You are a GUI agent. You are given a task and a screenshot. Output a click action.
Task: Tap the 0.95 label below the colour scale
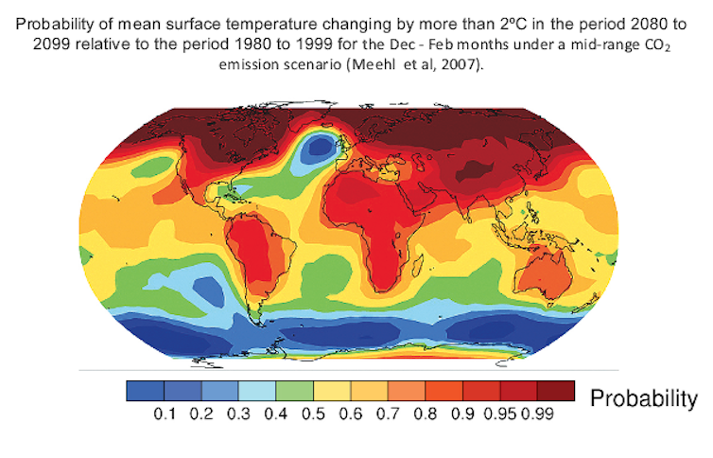pyautogui.click(x=500, y=413)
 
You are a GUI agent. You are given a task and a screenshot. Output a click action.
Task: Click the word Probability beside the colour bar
pyautogui.click(x=644, y=398)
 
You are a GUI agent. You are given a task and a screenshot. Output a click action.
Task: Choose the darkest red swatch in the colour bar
pyautogui.click(x=555, y=390)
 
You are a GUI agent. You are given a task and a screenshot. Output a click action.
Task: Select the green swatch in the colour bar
pyautogui.click(x=294, y=390)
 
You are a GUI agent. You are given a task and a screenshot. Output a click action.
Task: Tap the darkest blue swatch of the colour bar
pyautogui.click(x=145, y=390)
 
